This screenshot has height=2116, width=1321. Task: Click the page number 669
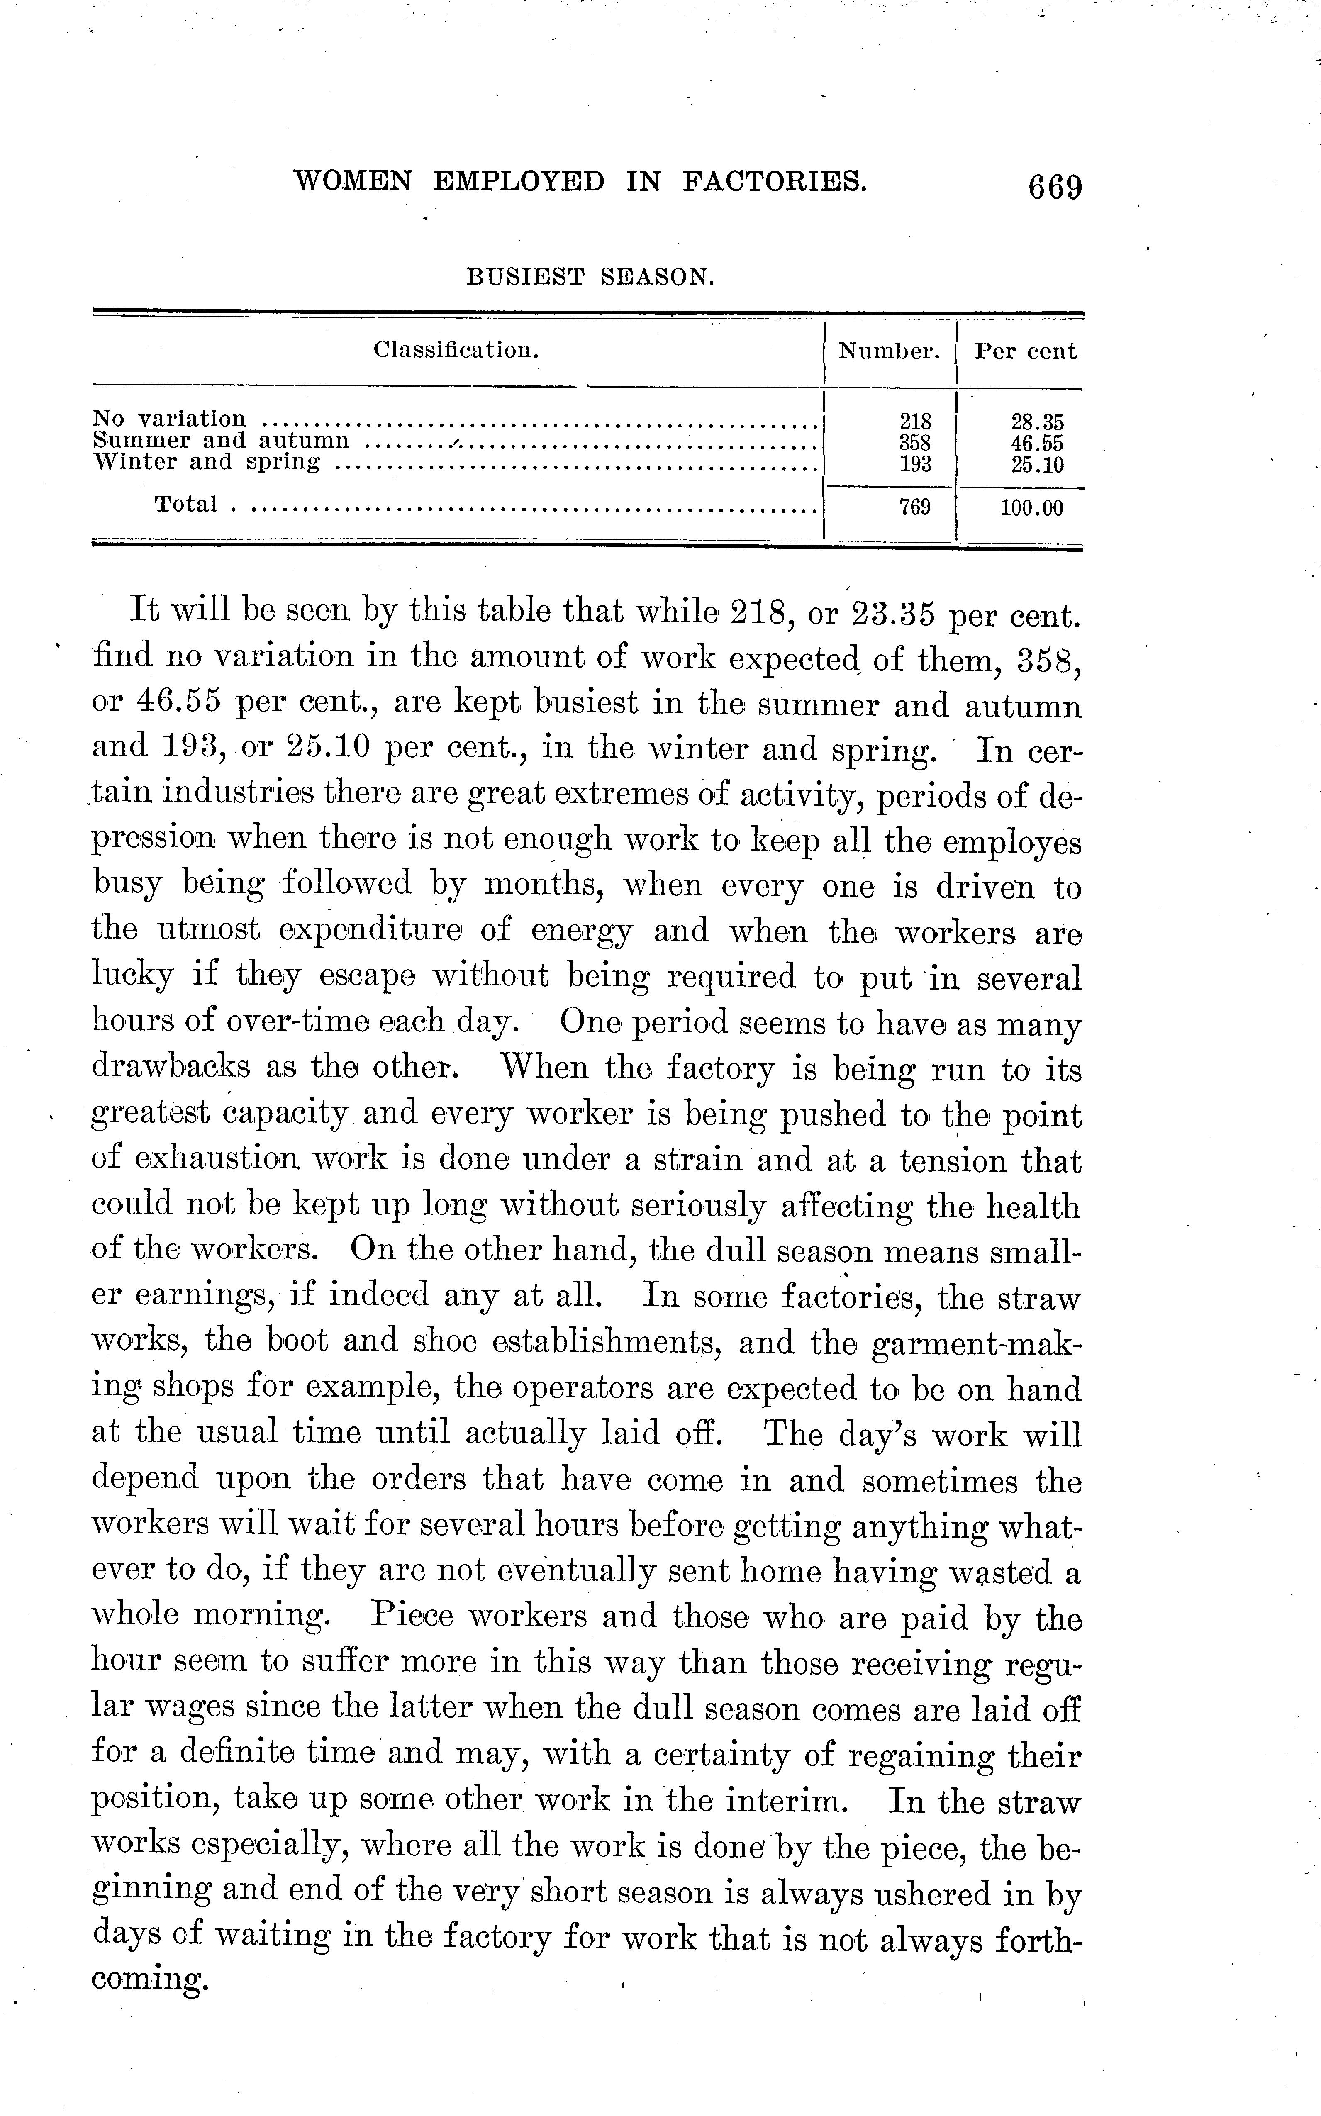1055,188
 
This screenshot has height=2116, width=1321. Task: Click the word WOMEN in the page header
352,182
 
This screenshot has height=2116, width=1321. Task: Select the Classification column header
456,350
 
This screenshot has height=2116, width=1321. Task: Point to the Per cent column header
1026,351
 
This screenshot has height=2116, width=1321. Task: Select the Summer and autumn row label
221,441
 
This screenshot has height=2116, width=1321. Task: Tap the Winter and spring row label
206,462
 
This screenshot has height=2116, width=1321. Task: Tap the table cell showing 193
915,464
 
